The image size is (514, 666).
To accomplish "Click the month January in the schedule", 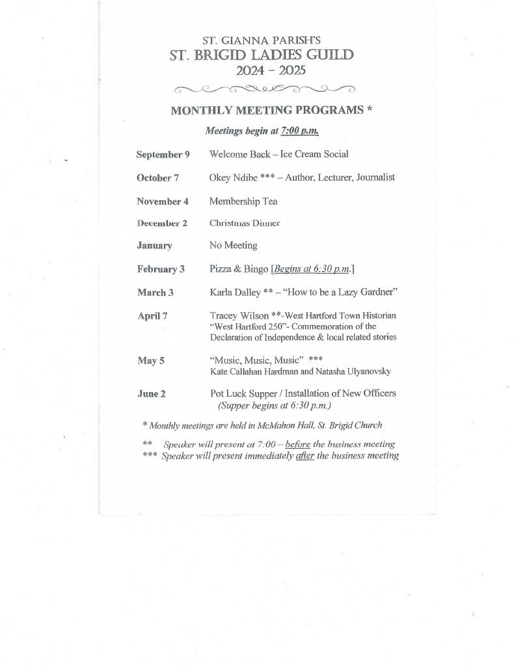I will pos(154,246).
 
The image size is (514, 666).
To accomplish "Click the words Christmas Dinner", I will pos(244,223).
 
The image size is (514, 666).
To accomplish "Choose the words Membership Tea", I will pos(243,201).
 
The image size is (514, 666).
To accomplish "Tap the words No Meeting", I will pos(233,245).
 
